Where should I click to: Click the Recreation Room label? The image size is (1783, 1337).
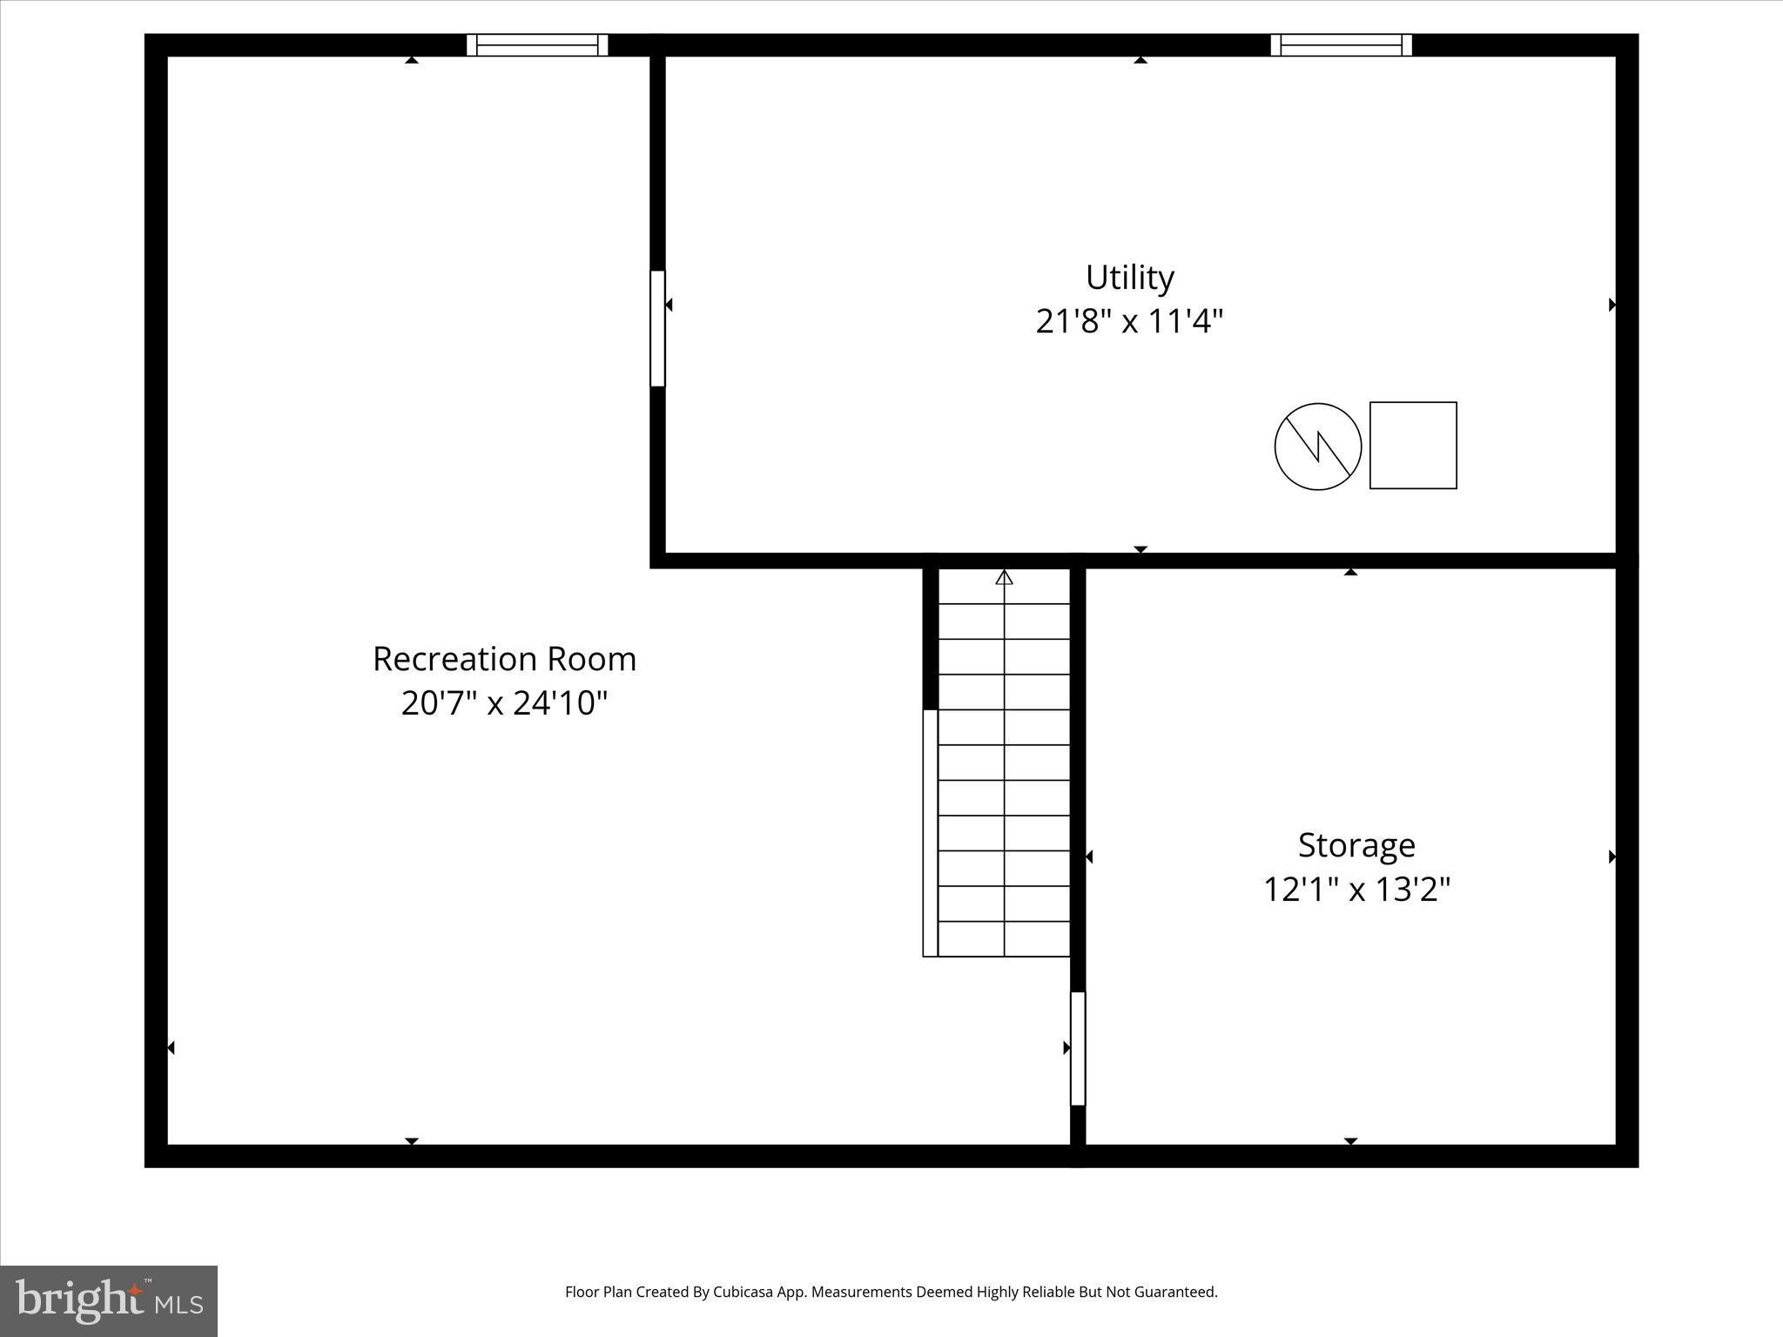(504, 659)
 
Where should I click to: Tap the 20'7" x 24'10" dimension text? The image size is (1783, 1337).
(504, 703)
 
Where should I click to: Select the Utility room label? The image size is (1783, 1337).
(1129, 278)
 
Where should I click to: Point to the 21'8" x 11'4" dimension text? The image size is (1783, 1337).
(1129, 322)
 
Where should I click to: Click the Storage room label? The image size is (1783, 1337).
(1356, 845)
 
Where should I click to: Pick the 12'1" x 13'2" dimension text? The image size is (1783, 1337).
(1356, 890)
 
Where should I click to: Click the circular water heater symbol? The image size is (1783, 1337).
(1317, 447)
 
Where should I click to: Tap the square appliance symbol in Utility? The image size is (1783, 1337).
(1413, 446)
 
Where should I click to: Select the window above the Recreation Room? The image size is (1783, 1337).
(537, 45)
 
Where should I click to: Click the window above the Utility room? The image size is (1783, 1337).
(1341, 45)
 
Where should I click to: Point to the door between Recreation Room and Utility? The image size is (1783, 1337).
(657, 328)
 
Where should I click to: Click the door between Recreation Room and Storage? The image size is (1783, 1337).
(1078, 1048)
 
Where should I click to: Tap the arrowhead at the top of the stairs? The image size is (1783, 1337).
(1004, 577)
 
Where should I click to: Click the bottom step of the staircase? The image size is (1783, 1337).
(1004, 939)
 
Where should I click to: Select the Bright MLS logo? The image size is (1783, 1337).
(109, 1300)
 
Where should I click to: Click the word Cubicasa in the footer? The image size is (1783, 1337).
(745, 1292)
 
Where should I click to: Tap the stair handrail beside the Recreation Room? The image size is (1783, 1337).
(930, 833)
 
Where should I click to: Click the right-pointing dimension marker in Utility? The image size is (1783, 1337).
(1611, 305)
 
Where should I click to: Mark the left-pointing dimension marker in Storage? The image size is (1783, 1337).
(1089, 857)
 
